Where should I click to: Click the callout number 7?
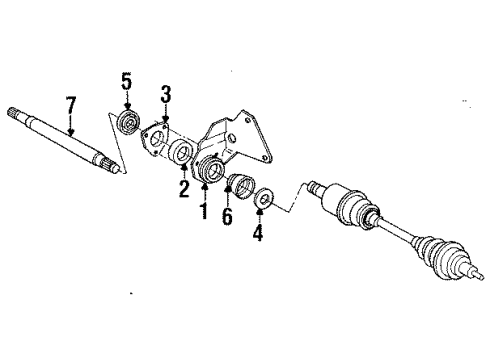coord(71,105)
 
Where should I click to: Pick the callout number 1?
coord(203,210)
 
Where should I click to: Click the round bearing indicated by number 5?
coord(127,122)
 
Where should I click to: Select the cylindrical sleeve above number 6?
coord(240,186)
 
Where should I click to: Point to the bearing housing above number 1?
coord(210,169)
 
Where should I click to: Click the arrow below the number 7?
coord(71,125)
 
